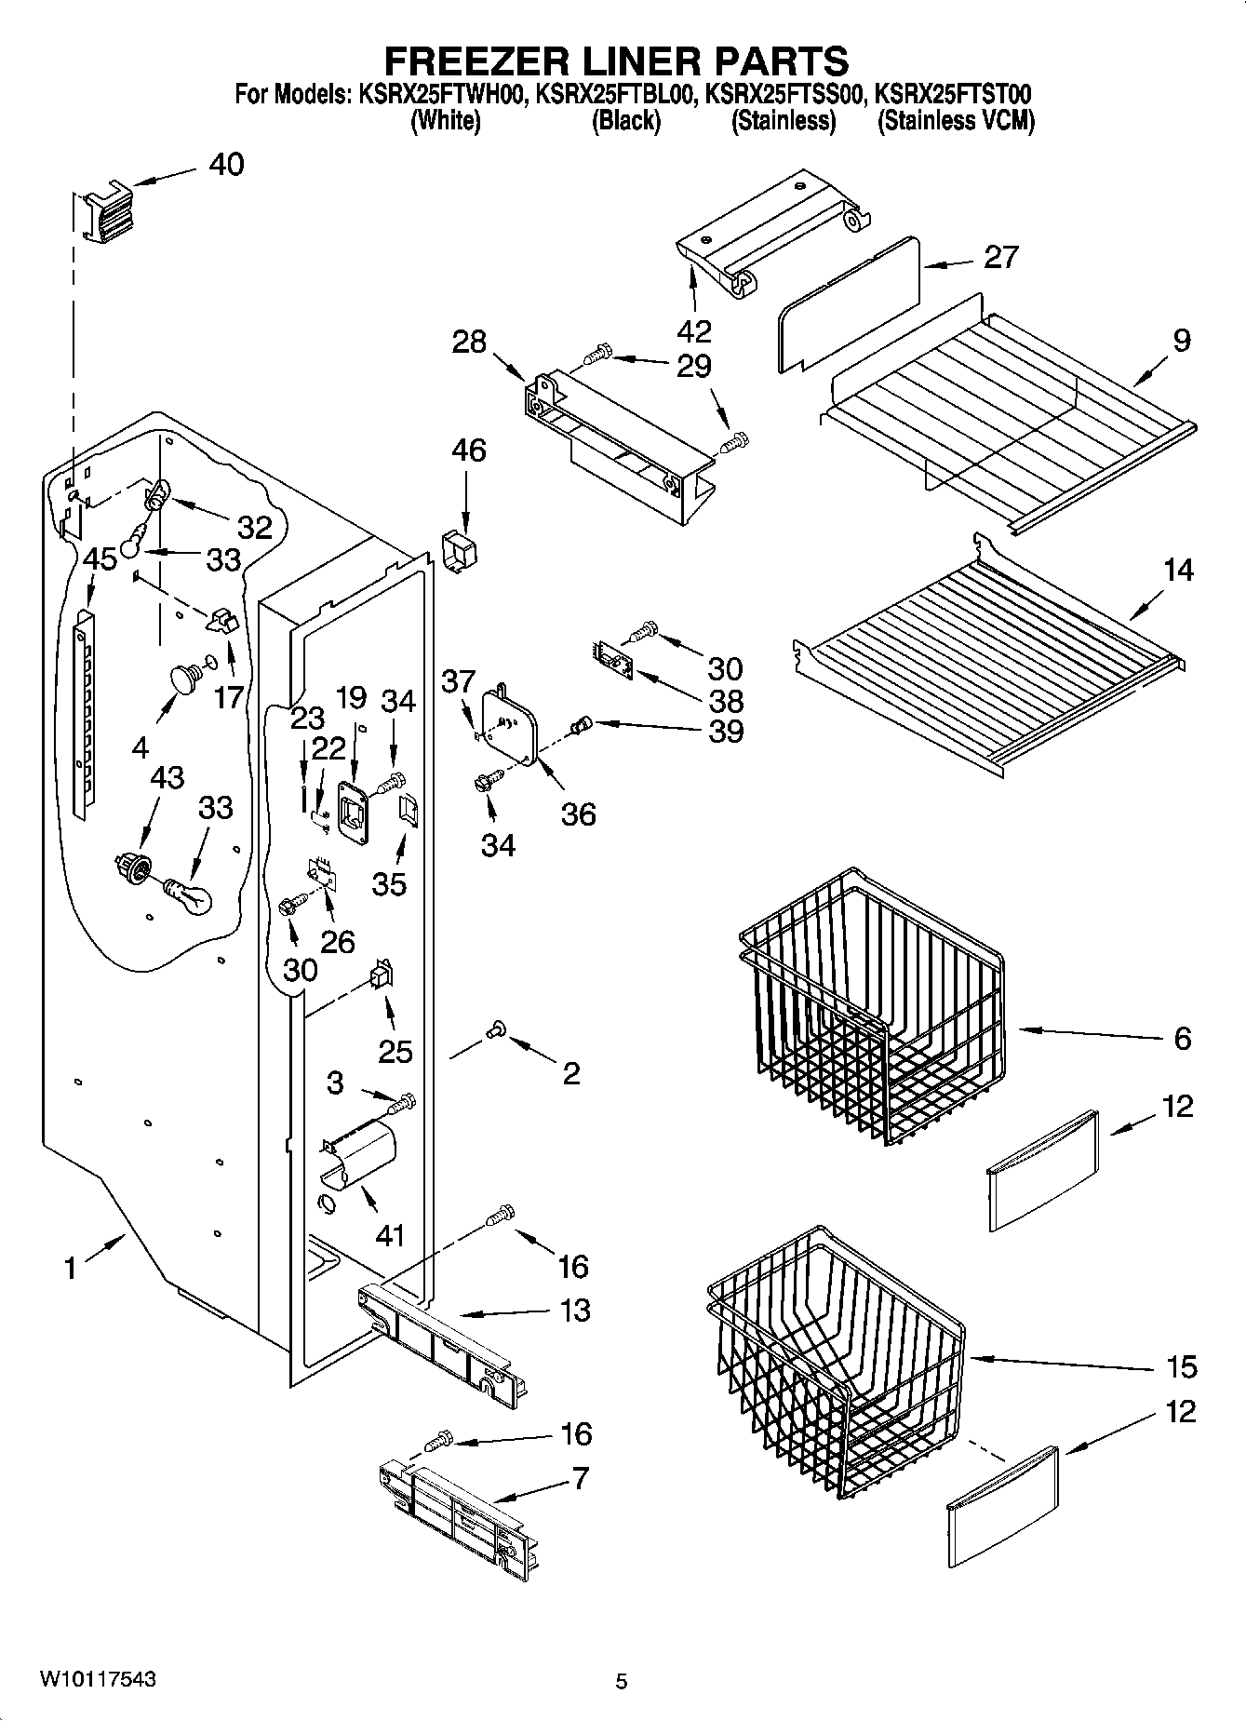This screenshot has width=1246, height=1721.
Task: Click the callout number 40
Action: pos(226,165)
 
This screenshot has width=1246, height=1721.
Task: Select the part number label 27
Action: pos(1000,257)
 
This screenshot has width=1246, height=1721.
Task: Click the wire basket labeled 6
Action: pos(870,1005)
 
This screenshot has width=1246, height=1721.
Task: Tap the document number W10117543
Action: pos(97,1679)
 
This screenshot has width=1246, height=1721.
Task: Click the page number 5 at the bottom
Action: pos(622,1681)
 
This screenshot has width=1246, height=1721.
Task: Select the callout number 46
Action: pos(469,450)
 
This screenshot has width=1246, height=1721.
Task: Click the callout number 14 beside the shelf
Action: pos(1178,570)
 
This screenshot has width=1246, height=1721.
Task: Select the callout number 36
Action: pos(578,814)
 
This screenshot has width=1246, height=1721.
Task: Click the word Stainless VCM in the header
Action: pos(956,121)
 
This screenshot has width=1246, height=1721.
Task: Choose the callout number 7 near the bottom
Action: pos(580,1477)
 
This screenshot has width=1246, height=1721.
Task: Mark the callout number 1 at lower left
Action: pos(71,1267)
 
